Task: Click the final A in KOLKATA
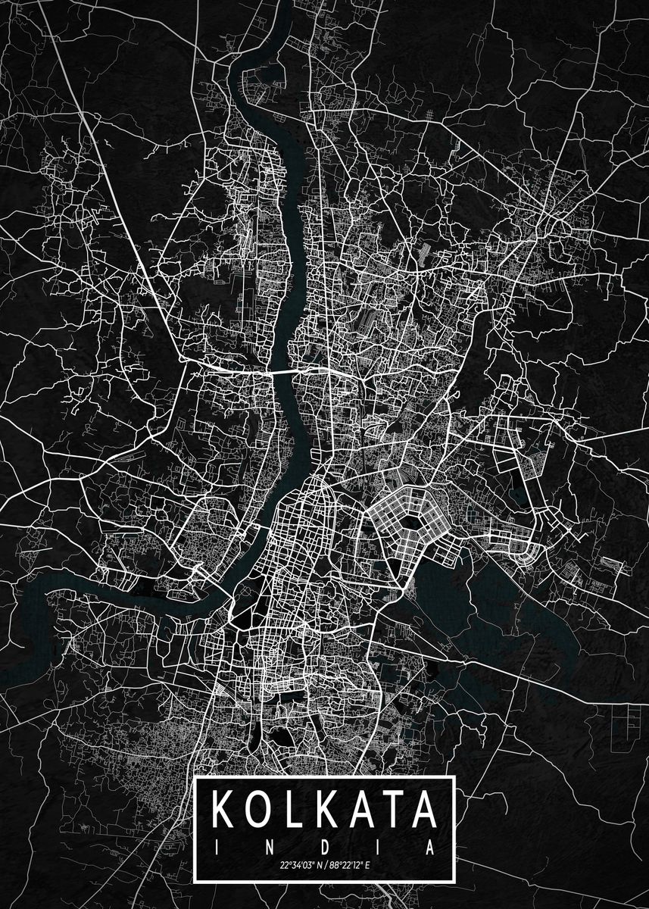point(423,810)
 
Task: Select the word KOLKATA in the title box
point(324,810)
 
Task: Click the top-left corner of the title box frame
point(196,778)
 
